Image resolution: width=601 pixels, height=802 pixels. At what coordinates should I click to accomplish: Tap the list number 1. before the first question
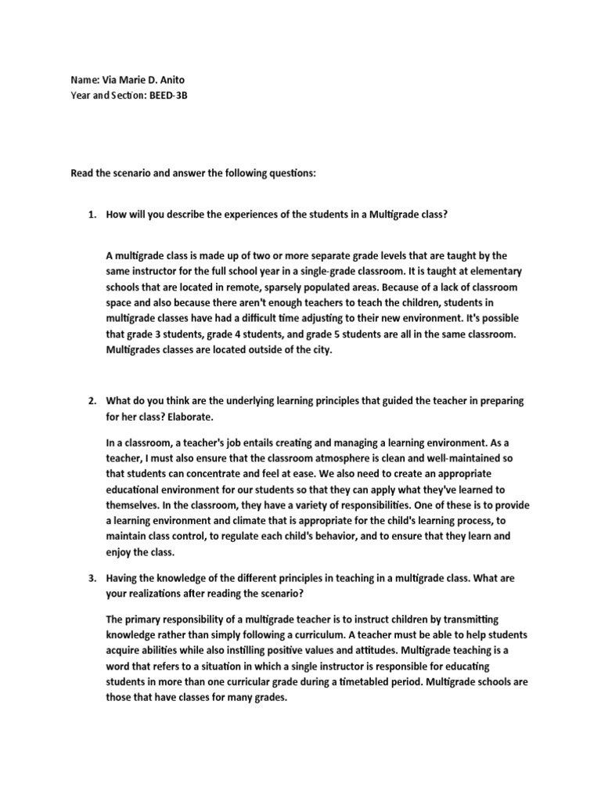pos(92,216)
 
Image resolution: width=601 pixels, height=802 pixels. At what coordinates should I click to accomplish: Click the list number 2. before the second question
pos(92,401)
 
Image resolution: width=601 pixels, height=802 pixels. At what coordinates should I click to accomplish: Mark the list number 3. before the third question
pos(92,578)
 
